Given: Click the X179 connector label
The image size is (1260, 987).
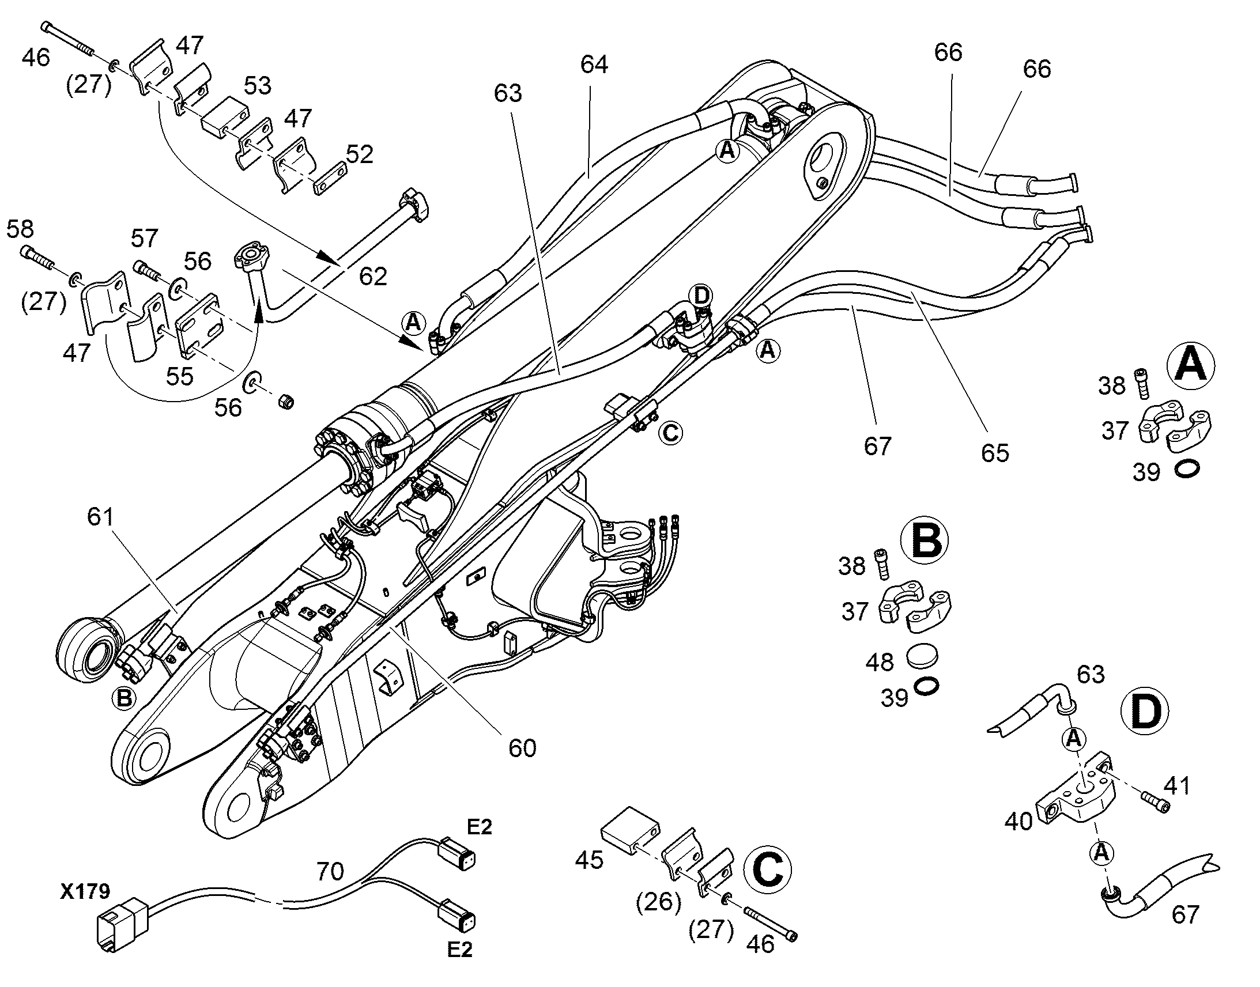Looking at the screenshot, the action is tap(85, 892).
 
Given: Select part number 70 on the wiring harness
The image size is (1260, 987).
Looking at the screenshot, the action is tap(331, 871).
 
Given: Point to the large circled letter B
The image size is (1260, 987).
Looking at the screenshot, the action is tap(925, 541).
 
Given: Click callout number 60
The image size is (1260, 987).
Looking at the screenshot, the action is tap(522, 748).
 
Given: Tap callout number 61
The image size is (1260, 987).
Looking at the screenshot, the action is tap(100, 517).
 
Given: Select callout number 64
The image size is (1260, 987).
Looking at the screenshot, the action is tap(594, 65).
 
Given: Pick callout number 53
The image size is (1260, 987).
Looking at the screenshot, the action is tap(257, 85).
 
